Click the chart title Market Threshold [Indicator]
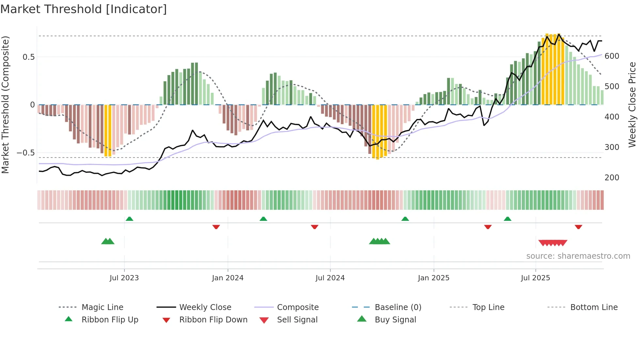click(84, 9)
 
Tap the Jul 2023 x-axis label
click(124, 278)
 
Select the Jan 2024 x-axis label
click(228, 278)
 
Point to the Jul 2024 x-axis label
click(330, 278)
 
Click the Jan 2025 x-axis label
click(434, 278)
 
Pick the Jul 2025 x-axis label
click(536, 278)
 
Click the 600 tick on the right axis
click(612, 56)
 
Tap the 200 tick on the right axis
click(612, 178)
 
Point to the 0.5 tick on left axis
click(28, 57)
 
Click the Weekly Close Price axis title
click(632, 105)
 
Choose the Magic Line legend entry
click(102, 307)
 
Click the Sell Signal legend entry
click(297, 320)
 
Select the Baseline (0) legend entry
click(398, 307)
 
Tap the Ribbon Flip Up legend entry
click(110, 320)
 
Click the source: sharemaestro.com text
click(578, 256)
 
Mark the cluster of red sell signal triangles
click(553, 243)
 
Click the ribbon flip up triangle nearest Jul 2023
click(129, 219)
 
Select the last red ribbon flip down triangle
click(578, 227)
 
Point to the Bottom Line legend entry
click(594, 307)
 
